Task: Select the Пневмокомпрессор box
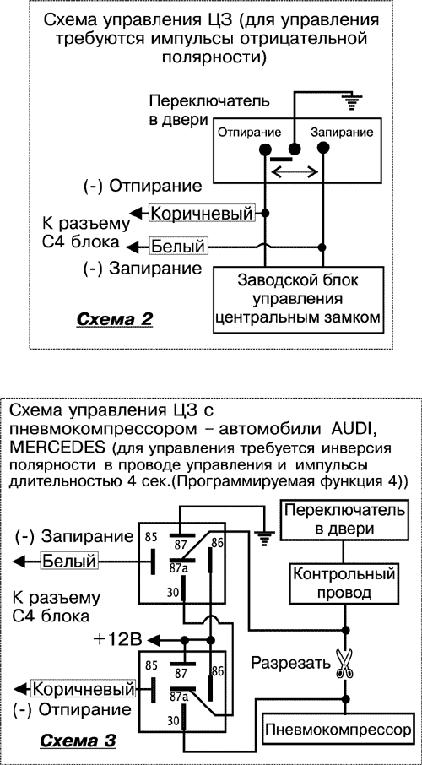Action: (x=338, y=727)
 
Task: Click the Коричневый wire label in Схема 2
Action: (x=202, y=214)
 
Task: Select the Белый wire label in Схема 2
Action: (x=177, y=247)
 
